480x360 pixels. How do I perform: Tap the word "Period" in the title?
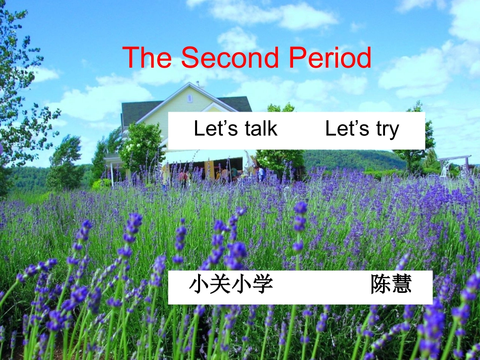click(330, 58)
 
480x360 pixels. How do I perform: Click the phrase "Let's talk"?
click(235, 129)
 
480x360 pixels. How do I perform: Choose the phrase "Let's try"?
click(362, 129)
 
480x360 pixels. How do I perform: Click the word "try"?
click(388, 130)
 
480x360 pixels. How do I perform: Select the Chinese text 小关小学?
click(231, 284)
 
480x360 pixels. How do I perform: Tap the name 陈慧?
click(391, 284)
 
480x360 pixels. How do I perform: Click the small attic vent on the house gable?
click(190, 98)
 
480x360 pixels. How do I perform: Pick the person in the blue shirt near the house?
click(261, 173)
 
